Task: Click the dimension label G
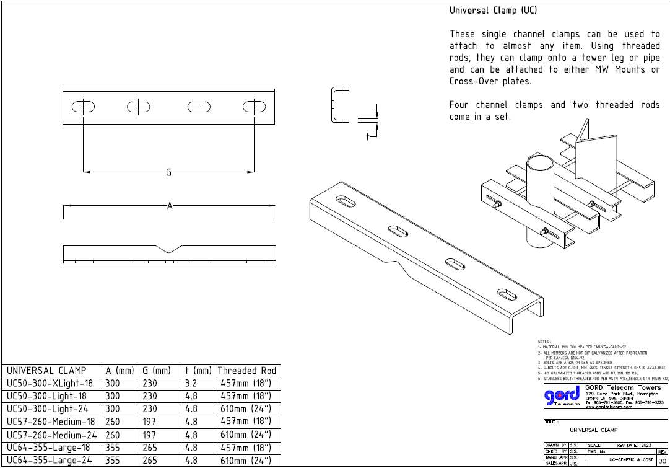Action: coord(168,172)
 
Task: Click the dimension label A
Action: coord(169,205)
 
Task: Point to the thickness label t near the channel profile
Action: coord(367,136)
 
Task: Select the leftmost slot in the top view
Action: coord(83,107)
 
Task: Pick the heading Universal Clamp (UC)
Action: coord(493,11)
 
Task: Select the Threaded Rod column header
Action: coord(246,371)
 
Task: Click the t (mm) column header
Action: coord(198,371)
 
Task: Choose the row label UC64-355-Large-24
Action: coord(48,461)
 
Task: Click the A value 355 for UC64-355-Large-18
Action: coord(113,448)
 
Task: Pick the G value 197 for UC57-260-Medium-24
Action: coord(149,435)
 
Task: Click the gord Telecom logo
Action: coord(562,397)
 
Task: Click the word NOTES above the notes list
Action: coord(544,342)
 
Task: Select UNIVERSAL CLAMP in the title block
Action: coord(593,430)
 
